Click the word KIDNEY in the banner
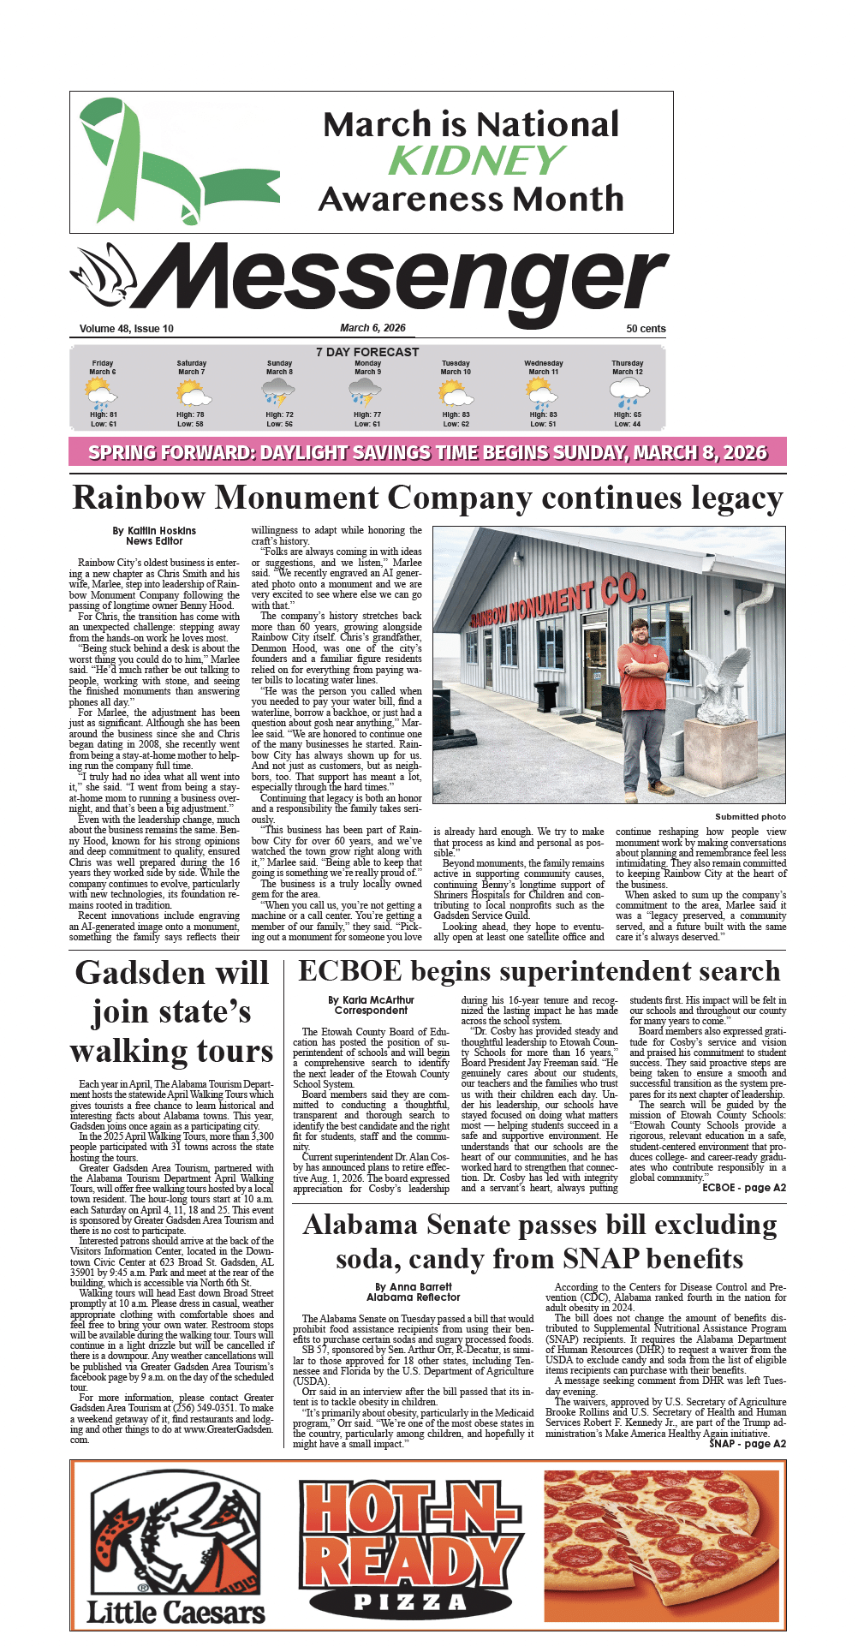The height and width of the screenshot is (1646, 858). point(476,161)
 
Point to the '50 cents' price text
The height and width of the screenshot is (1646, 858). point(646,329)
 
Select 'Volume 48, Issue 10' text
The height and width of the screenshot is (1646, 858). point(127,329)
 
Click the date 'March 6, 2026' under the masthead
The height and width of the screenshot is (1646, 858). point(372,328)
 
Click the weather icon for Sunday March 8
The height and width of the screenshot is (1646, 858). point(279,392)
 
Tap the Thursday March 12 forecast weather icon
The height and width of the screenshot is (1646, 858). point(628,392)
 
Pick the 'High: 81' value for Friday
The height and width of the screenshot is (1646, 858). point(103,414)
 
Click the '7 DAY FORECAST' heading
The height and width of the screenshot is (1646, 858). point(367,352)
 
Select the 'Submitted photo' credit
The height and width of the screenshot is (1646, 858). point(750,817)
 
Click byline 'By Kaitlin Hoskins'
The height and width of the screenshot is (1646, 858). point(154,531)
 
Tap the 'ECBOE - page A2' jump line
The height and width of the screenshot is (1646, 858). point(743,1188)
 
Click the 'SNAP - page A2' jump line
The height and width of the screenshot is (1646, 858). point(747,1444)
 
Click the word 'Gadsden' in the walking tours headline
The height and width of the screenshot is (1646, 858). point(128,974)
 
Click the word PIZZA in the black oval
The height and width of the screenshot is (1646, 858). point(410,1601)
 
